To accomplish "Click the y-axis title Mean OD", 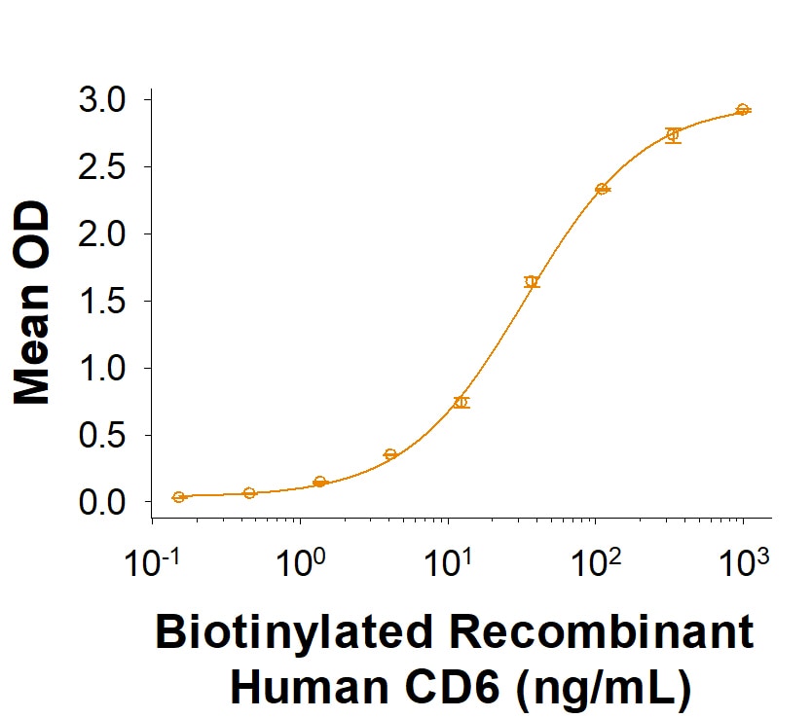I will tap(34, 302).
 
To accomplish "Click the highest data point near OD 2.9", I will tap(743, 110).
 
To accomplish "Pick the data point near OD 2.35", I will tap(602, 189).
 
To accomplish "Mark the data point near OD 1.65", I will tap(532, 282).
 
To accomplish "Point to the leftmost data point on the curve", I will tap(178, 497).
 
